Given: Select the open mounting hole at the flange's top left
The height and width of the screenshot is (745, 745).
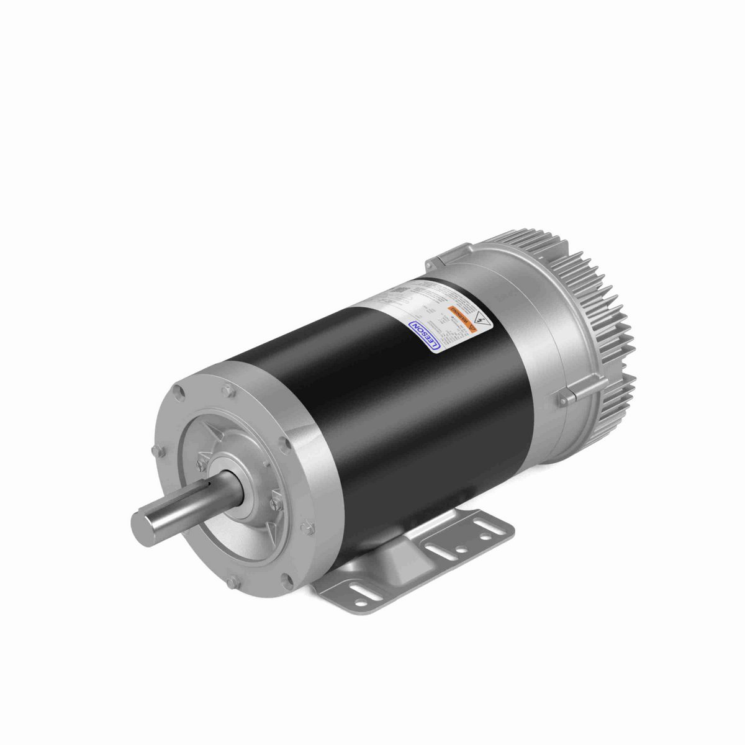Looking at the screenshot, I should pyautogui.click(x=179, y=392).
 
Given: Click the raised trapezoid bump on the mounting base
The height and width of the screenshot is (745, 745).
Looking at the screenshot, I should pyautogui.click(x=372, y=546).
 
